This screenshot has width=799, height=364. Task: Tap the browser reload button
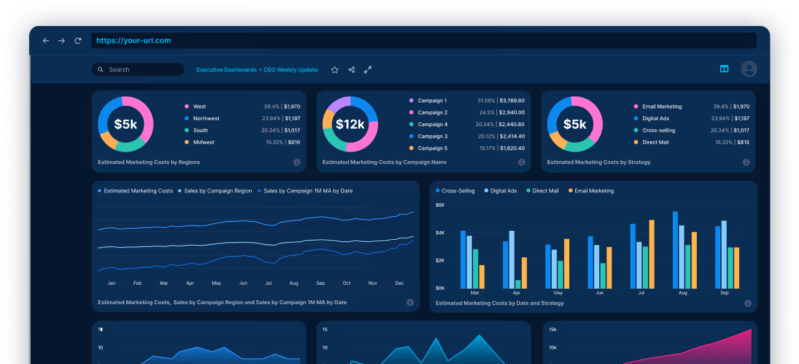[x=78, y=41]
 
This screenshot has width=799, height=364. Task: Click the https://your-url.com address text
[x=133, y=40]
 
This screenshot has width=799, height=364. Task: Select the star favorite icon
[x=334, y=70]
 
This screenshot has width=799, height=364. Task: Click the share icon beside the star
[x=351, y=70]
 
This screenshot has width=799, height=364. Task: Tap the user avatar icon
[x=749, y=69]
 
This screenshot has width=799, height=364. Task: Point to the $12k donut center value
[x=350, y=124]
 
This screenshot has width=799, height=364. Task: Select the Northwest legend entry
[x=206, y=118]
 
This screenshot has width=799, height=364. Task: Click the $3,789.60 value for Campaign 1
[x=511, y=101]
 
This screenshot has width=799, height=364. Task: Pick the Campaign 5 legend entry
[x=432, y=148]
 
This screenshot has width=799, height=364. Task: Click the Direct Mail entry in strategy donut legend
[x=655, y=142]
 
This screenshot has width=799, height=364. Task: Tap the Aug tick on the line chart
[x=293, y=283]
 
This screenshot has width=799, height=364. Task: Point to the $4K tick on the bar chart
[x=440, y=233]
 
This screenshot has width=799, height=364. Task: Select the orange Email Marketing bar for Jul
[x=651, y=254]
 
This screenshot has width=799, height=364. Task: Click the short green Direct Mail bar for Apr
[x=518, y=284]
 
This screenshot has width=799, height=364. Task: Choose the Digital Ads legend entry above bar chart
[x=503, y=191]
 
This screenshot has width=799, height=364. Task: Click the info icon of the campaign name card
[x=521, y=162]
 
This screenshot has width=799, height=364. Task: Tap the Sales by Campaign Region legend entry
[x=217, y=191]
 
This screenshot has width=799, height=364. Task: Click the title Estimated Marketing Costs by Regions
[x=148, y=162]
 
